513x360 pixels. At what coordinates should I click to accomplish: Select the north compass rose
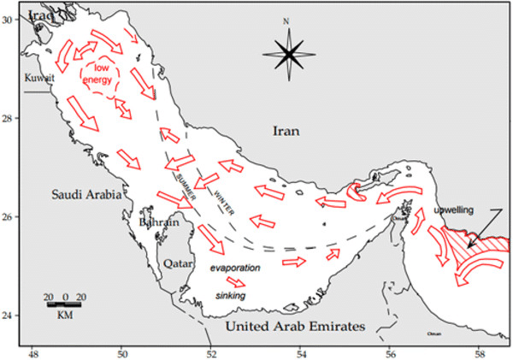288,53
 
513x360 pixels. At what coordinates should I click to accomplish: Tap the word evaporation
234,268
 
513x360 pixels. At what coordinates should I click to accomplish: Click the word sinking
230,295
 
